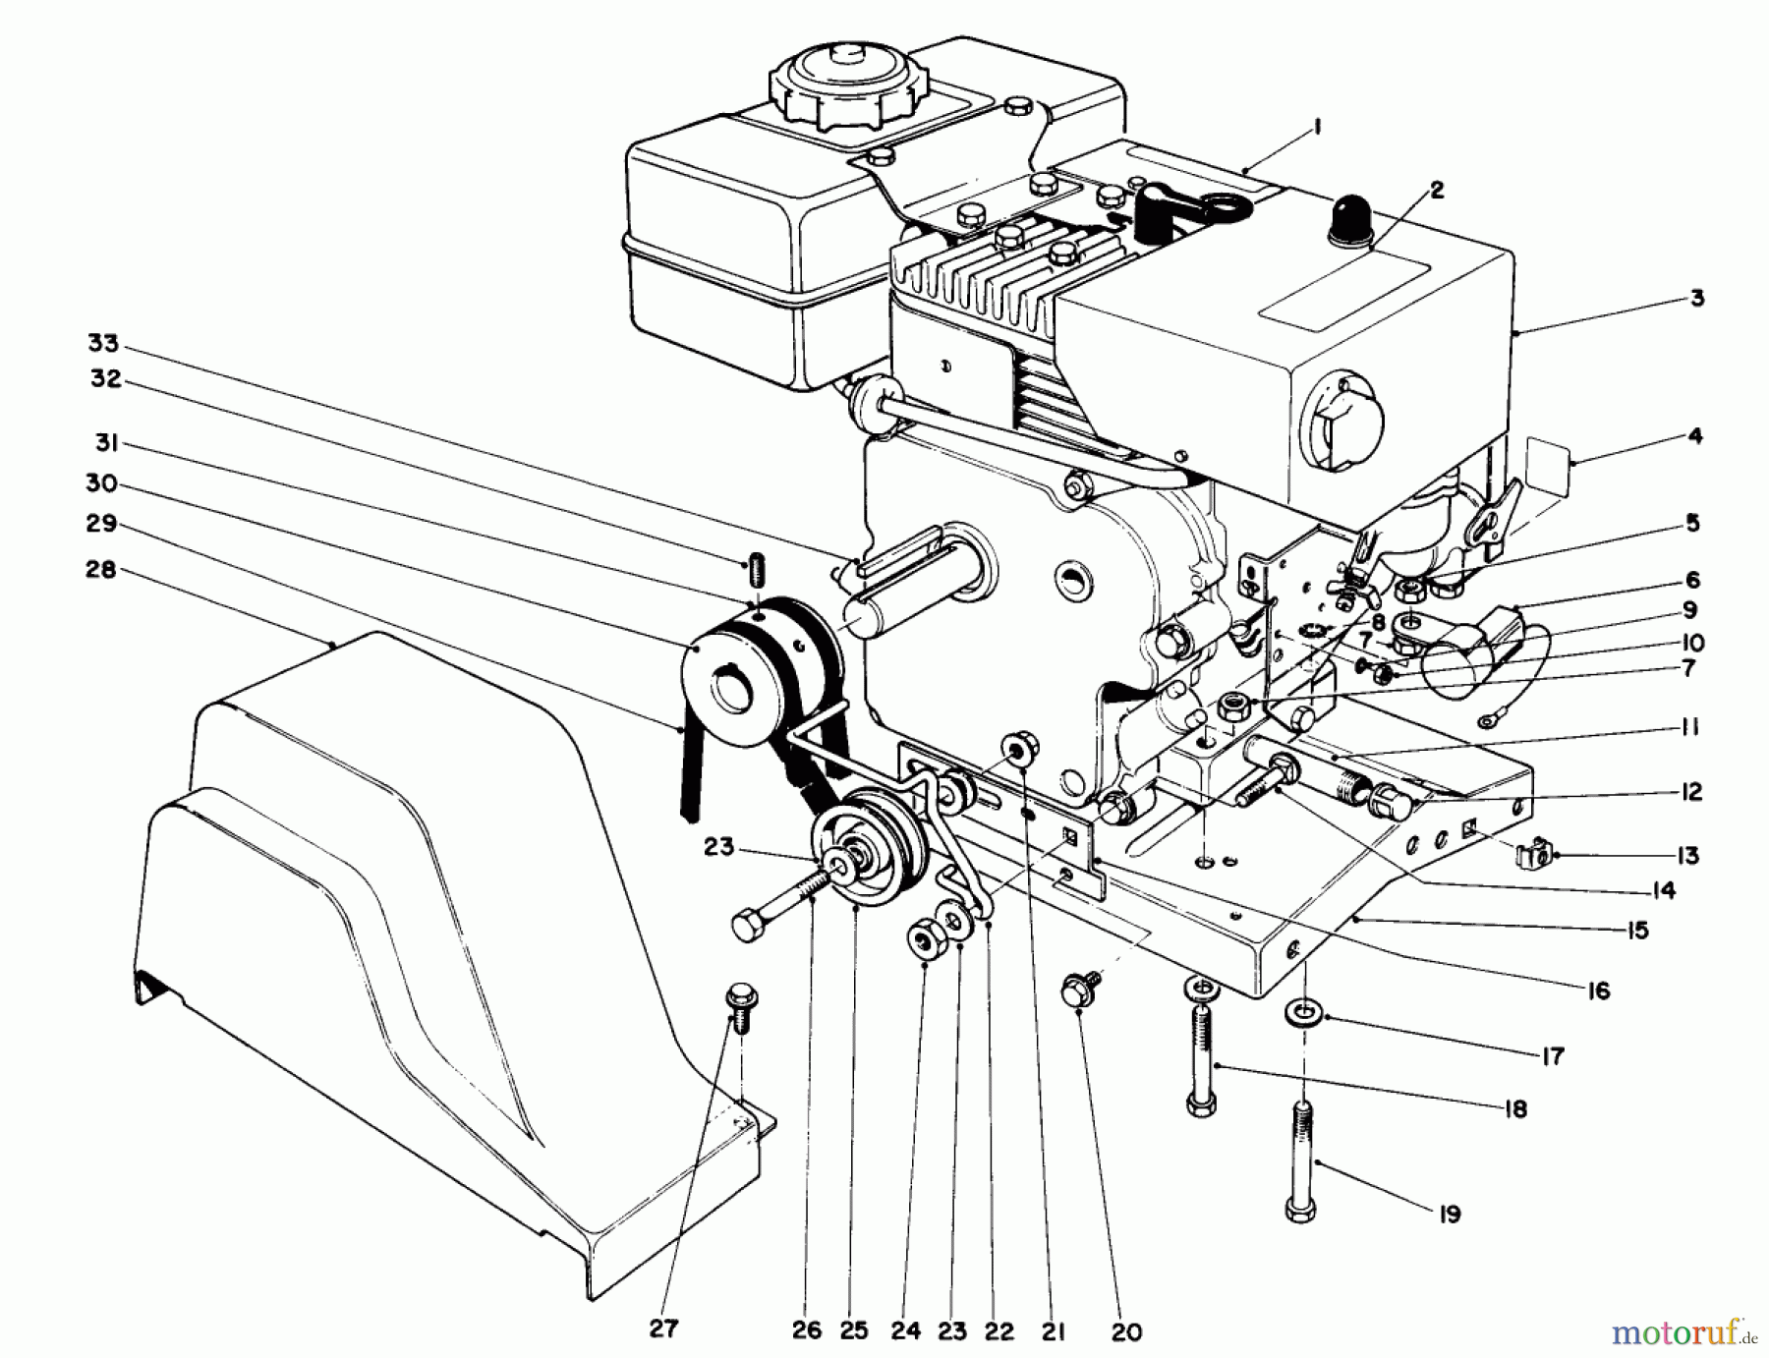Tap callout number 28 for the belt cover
tap(101, 569)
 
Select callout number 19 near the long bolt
tap(1449, 1215)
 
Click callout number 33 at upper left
tap(102, 343)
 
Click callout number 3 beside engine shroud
tap(1696, 298)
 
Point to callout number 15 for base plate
tap(1636, 930)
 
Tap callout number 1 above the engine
tap(1317, 126)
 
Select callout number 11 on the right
tap(1690, 727)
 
